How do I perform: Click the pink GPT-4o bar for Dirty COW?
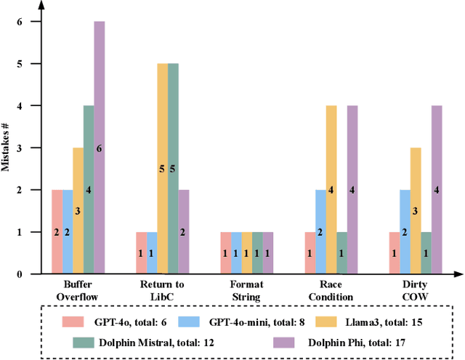(395, 253)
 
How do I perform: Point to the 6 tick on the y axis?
(28, 22)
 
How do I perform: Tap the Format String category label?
(247, 291)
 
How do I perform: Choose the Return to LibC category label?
(163, 291)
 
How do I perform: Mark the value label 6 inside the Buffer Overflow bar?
(99, 148)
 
